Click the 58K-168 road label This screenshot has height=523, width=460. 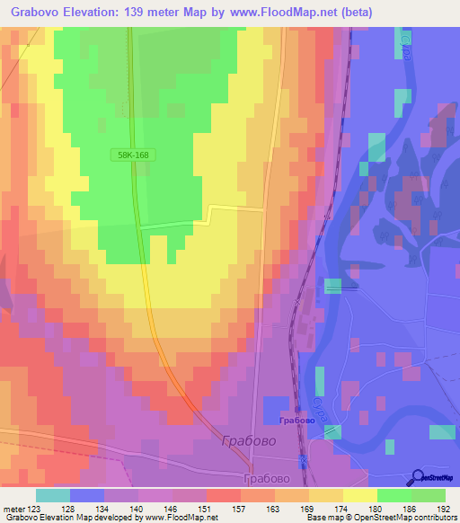[132, 155]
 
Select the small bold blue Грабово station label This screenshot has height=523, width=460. [296, 421]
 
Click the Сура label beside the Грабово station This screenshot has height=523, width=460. [331, 394]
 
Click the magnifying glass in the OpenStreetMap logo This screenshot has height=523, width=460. [418, 476]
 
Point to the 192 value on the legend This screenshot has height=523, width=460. [444, 509]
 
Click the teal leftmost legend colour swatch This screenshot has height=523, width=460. [53, 495]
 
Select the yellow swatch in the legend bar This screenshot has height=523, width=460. [359, 495]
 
